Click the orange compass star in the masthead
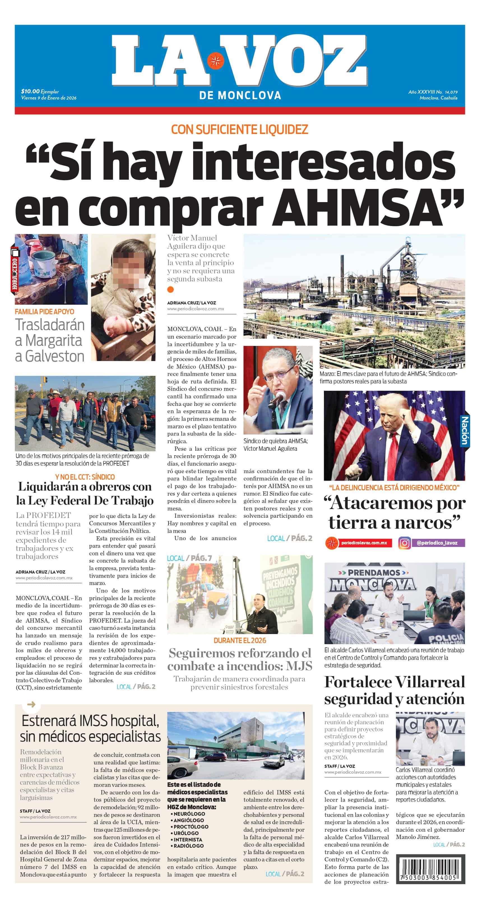coord(215,61)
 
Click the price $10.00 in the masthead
coord(30,91)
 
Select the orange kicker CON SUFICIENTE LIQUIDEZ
coord(239,130)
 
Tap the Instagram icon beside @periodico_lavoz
coord(404,543)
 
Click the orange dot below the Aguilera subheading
coord(171,290)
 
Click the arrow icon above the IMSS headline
coord(31,704)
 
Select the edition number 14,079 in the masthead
coord(451,92)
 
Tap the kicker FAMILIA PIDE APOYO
coord(45,312)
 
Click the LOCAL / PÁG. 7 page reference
coord(189,558)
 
